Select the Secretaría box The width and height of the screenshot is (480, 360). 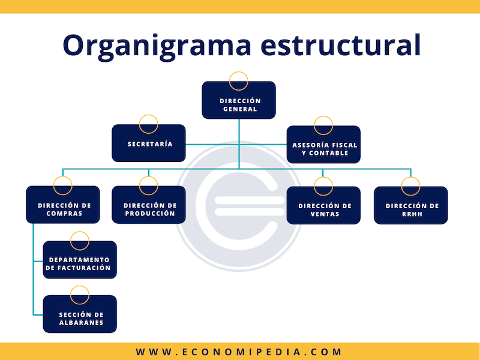pyautogui.click(x=149, y=143)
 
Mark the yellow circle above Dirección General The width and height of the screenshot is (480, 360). pyautogui.click(x=239, y=80)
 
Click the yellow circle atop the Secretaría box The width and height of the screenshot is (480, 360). pyautogui.click(x=149, y=124)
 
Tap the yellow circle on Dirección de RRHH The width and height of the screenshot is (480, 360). pyautogui.click(x=411, y=185)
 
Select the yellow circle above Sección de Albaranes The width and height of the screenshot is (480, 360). pyautogui.click(x=80, y=295)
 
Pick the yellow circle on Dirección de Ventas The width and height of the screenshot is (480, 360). pyautogui.click(x=323, y=185)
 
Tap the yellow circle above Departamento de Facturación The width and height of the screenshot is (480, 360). pyautogui.click(x=80, y=241)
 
